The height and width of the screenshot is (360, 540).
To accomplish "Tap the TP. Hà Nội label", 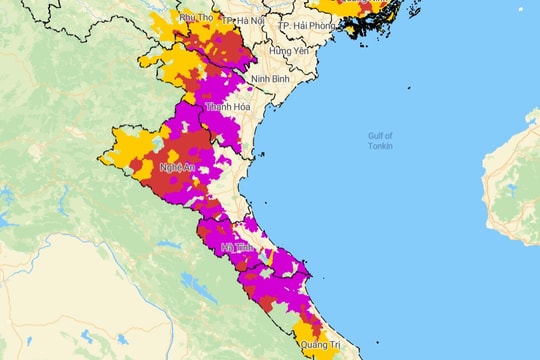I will click(x=245, y=23).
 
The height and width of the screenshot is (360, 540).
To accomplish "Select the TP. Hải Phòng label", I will click(x=305, y=24).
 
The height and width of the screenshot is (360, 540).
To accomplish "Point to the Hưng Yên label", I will click(x=288, y=50).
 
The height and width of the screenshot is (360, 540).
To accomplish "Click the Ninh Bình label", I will click(x=271, y=78).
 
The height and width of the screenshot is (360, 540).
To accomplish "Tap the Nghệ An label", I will click(x=176, y=167).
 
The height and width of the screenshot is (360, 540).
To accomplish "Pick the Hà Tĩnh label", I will click(x=237, y=247).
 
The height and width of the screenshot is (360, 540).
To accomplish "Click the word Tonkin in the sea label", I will click(x=379, y=146).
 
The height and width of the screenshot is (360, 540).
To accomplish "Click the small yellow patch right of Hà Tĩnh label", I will click(x=268, y=259).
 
